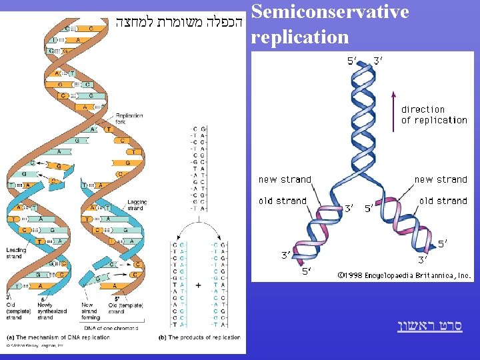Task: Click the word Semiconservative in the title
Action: pos(330,12)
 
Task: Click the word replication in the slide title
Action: pos(300,37)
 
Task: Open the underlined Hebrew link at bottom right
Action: pos(429,326)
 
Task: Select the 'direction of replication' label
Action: pos(434,115)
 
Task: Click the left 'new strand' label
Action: pos(285,179)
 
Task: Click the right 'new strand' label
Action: pos(441,179)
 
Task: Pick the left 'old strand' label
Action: pos(283,201)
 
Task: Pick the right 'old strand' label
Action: pos(443,201)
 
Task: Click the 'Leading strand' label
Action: pos(16,253)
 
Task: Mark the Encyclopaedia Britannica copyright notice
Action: pos(403,275)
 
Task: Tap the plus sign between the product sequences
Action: pos(199,285)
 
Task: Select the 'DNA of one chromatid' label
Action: pos(111,327)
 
